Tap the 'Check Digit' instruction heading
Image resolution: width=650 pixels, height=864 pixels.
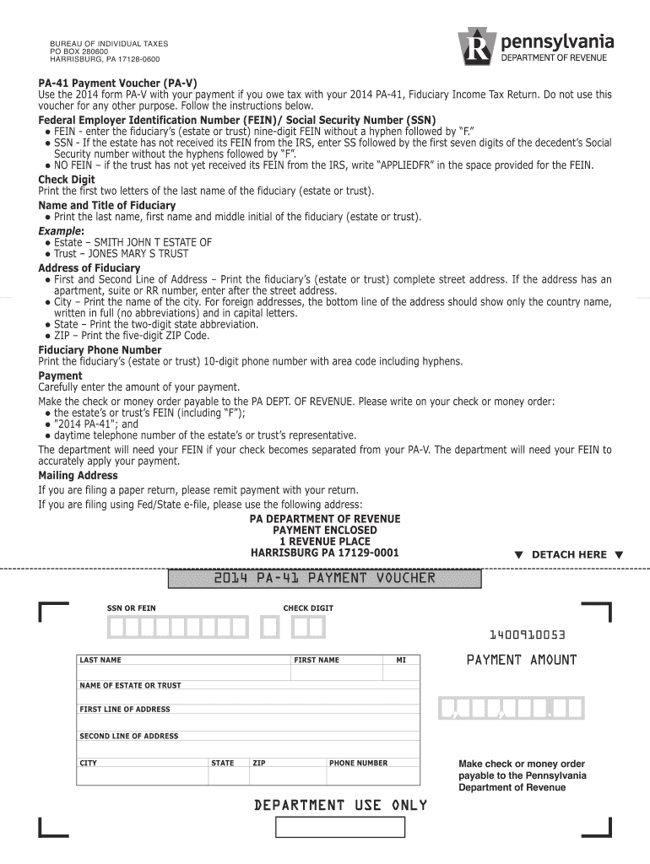click(x=66, y=180)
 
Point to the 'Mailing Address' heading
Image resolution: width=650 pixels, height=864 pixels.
click(x=78, y=476)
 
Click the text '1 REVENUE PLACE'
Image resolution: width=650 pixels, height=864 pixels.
click(x=324, y=542)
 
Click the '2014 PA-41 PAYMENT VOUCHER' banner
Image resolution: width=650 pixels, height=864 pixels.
click(x=324, y=579)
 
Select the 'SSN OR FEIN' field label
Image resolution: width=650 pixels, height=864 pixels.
click(x=131, y=608)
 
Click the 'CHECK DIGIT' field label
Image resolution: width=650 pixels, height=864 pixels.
click(x=308, y=608)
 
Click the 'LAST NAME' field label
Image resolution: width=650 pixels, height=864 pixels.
click(x=100, y=660)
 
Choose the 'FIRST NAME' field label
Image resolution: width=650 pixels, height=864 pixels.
click(x=317, y=660)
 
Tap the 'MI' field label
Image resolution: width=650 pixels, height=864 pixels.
click(x=401, y=660)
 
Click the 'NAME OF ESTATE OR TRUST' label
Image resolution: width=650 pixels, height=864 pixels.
click(x=130, y=685)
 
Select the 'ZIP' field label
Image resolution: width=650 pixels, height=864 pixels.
click(x=259, y=763)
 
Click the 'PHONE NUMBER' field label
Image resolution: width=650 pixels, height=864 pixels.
click(x=359, y=763)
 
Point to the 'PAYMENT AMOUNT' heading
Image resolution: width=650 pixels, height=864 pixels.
click(x=522, y=660)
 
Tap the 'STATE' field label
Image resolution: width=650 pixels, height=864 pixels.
click(x=223, y=763)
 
